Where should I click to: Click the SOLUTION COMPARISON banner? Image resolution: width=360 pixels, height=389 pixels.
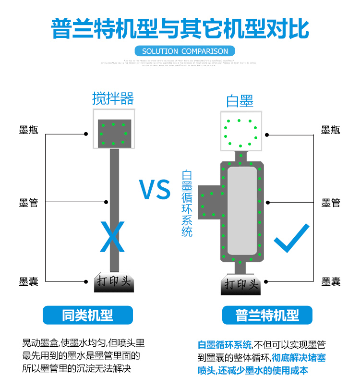[185, 51]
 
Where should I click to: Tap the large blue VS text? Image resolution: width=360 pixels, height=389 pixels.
[155, 190]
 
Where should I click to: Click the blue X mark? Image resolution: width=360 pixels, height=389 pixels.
[112, 236]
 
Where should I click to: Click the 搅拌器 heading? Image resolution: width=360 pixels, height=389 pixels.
[113, 98]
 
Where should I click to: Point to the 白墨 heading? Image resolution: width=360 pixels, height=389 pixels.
[240, 101]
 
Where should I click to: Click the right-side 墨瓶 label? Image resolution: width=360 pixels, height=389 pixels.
[330, 131]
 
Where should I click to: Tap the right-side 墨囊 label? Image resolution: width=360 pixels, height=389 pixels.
[330, 281]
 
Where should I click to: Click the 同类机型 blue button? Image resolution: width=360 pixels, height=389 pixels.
[88, 315]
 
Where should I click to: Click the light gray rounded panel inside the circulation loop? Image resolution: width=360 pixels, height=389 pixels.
[242, 210]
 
